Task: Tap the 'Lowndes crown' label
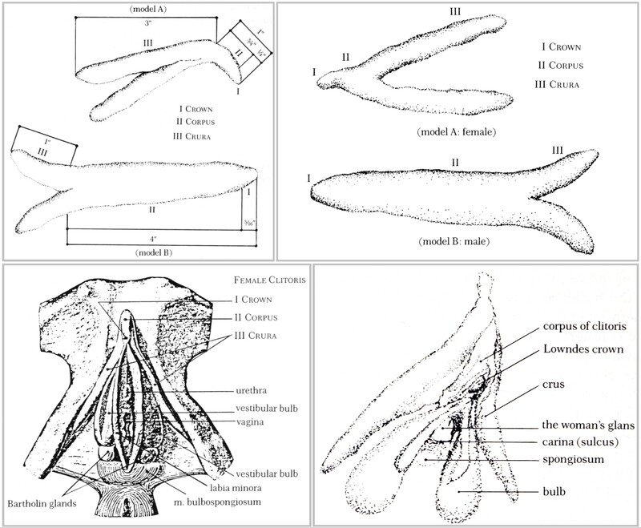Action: click(570, 352)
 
